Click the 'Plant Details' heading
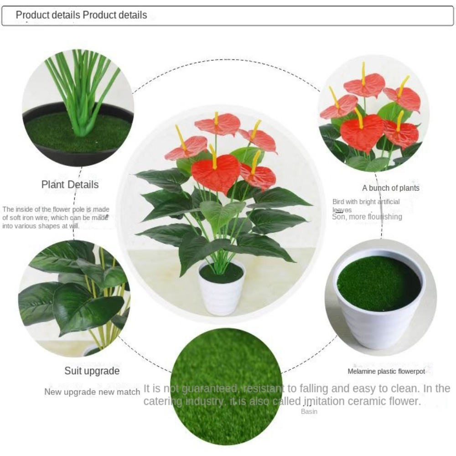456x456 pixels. click(70, 185)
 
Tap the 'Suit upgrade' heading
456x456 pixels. click(92, 371)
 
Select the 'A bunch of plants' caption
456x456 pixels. click(391, 188)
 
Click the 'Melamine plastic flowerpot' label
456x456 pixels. click(386, 372)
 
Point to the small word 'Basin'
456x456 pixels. click(309, 412)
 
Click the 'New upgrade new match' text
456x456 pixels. click(92, 392)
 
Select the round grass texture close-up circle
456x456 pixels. click(227, 385)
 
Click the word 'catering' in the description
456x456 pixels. click(162, 401)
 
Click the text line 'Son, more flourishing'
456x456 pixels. click(367, 217)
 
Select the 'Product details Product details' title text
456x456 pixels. click(81, 15)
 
